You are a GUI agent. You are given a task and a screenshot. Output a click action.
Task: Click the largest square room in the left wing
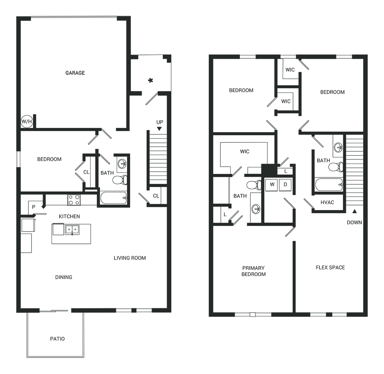(73, 73)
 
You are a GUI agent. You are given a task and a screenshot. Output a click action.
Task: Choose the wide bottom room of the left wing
(94, 257)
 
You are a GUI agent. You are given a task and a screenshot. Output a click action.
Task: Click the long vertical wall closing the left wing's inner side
(169, 200)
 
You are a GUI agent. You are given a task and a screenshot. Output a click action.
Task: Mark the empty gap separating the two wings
(191, 192)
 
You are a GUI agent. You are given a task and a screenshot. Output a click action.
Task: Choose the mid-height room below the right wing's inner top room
(244, 154)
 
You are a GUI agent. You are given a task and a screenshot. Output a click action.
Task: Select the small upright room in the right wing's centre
(278, 194)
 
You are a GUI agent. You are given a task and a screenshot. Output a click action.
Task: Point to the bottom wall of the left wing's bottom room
(94, 309)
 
